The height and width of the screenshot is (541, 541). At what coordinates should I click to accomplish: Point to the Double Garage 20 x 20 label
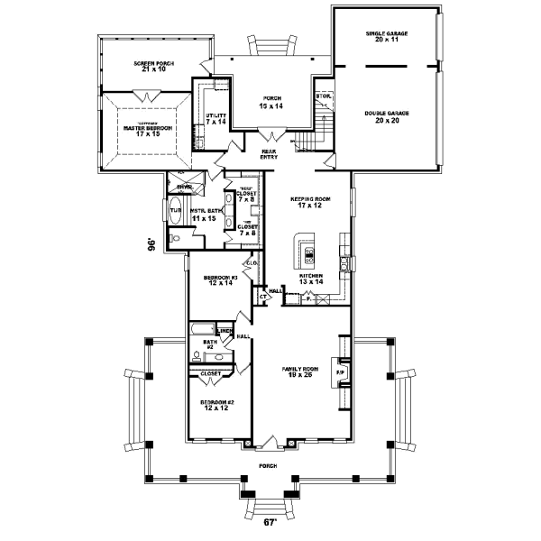386,117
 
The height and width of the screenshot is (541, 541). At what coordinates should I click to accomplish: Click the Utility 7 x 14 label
215,118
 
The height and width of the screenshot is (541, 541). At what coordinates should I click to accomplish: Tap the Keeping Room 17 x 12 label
308,202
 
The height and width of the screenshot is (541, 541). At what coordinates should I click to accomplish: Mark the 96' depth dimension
152,243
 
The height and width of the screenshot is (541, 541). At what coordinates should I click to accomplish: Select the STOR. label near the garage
322,96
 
